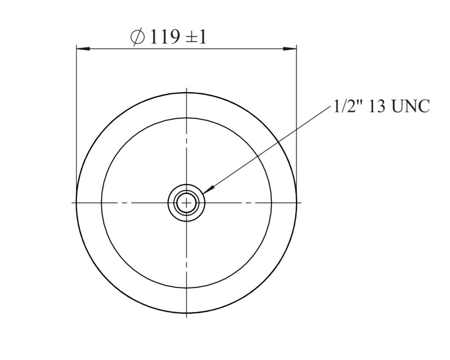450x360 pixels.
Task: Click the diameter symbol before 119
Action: [137, 37]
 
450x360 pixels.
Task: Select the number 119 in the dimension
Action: [165, 37]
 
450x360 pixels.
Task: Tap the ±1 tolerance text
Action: [196, 37]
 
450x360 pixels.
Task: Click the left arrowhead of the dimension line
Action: [83, 49]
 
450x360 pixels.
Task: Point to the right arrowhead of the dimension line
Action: [290, 49]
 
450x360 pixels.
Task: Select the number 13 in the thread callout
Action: [377, 106]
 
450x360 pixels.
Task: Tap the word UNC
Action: [411, 106]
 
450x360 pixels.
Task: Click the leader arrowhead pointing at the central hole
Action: [209, 189]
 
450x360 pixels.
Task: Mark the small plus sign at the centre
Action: [187, 203]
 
